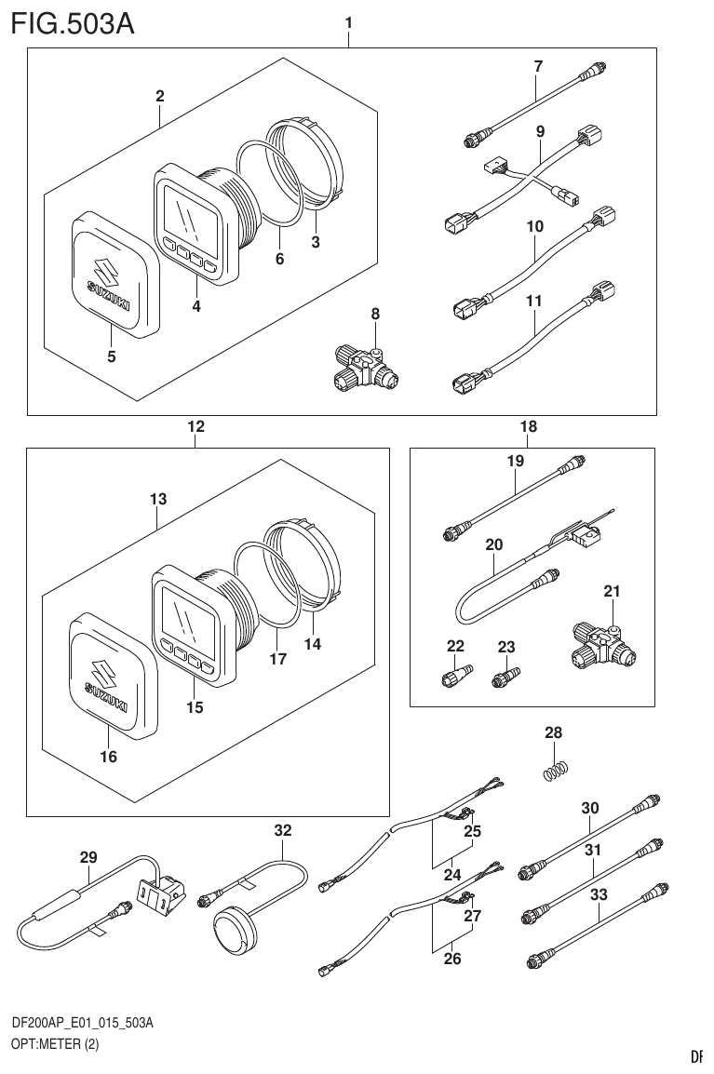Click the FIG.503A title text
coord(73,22)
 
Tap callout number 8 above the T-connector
coord(375,315)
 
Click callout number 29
coord(88,858)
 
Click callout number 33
coord(599,894)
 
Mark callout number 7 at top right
coord(537,66)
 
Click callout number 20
coord(493,546)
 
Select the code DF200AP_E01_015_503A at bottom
coord(82,1023)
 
